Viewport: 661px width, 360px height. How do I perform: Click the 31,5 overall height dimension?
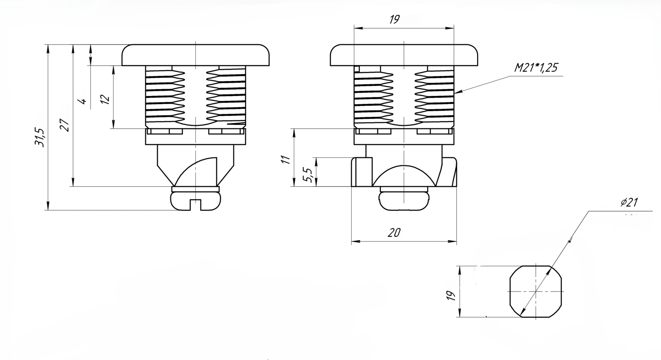[40, 137]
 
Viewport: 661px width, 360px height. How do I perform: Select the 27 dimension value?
[64, 125]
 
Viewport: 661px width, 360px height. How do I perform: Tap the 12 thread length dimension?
[105, 99]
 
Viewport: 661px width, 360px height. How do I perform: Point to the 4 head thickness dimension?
[83, 101]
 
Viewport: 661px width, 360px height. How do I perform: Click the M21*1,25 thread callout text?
[536, 68]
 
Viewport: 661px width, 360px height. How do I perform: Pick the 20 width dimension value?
[394, 233]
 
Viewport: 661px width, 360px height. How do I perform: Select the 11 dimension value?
[285, 159]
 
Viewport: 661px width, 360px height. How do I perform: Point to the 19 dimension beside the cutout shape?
[451, 296]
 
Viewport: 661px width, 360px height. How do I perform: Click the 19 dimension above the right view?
[395, 20]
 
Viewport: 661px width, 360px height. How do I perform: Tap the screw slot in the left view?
[195, 204]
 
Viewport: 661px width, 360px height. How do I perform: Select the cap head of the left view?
[195, 55]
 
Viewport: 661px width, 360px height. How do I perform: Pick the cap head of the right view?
[404, 55]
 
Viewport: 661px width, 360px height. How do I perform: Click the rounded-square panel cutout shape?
[536, 291]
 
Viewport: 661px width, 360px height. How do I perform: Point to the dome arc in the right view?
[404, 175]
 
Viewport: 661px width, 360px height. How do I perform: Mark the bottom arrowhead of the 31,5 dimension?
[48, 206]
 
